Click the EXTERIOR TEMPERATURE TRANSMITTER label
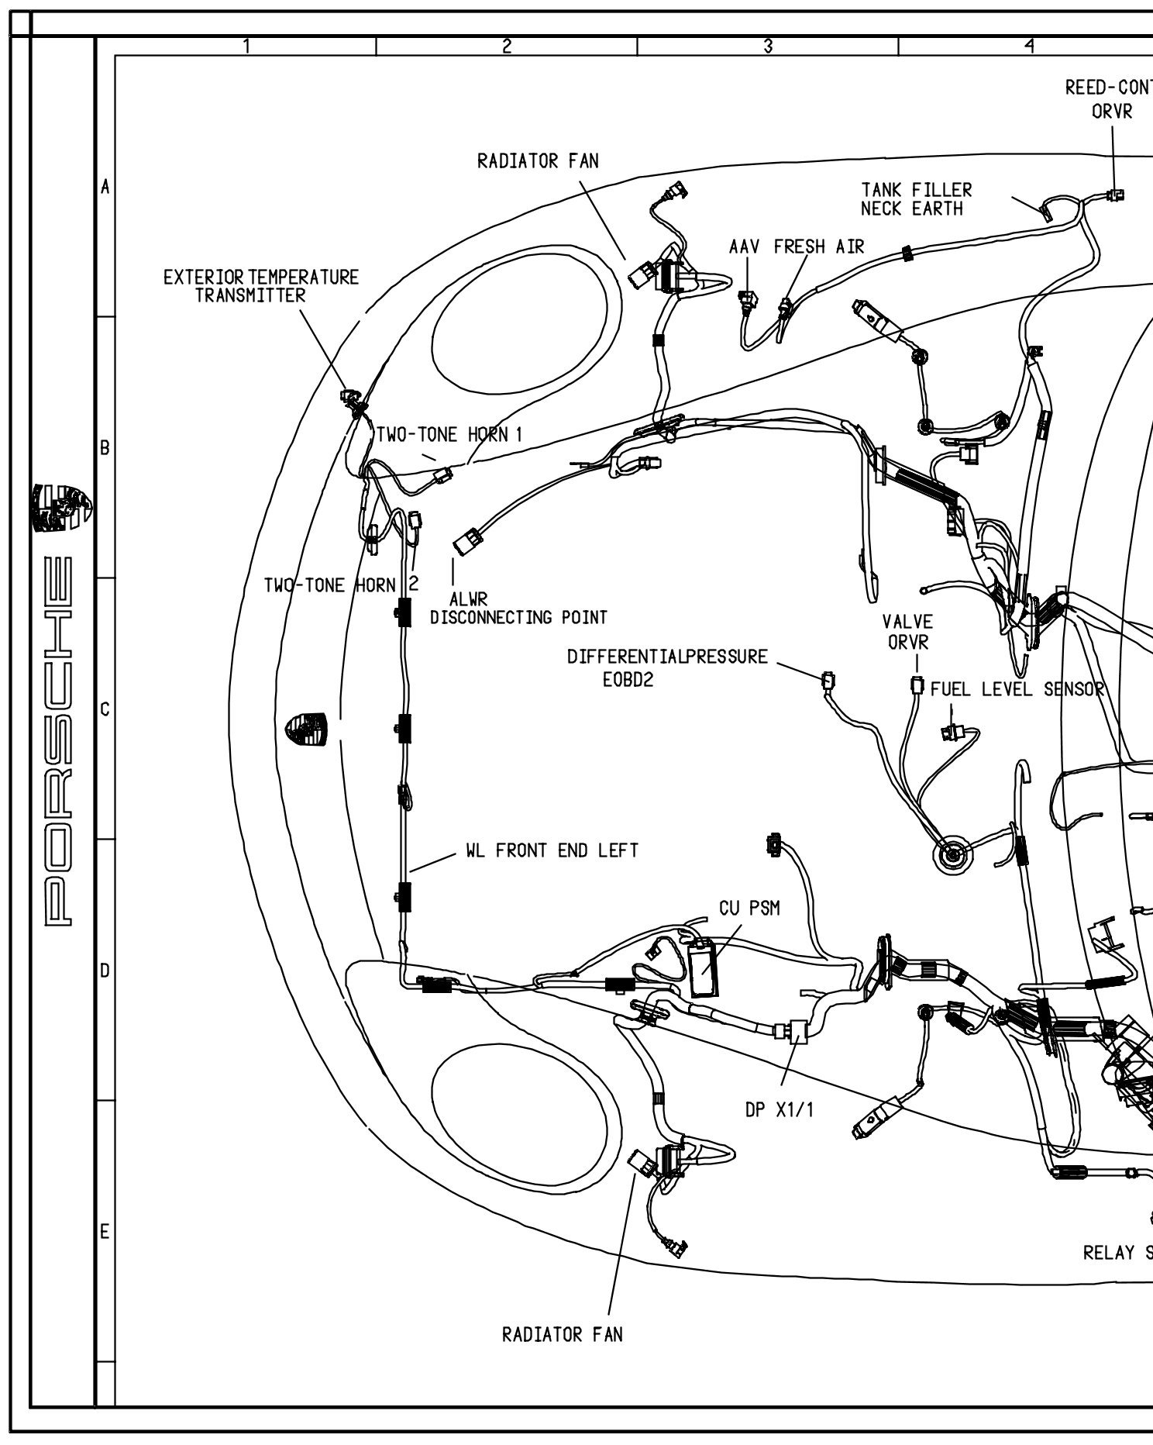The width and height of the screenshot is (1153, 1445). point(261,286)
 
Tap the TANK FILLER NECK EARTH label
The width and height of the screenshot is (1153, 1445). point(916,199)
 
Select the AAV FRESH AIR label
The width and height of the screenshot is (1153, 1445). point(796,247)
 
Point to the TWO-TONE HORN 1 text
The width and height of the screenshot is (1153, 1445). point(449,434)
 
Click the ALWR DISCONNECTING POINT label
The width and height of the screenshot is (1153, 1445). point(518,609)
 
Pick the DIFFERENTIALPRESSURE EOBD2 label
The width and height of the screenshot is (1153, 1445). point(667,667)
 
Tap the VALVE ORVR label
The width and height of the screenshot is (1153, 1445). point(907,632)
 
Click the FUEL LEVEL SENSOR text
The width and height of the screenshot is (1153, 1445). point(1016,689)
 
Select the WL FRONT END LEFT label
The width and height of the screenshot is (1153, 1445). point(552,850)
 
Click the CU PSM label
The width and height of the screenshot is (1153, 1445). point(749,908)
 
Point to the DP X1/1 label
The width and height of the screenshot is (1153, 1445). point(780,1110)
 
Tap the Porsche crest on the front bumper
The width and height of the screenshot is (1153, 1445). point(307,729)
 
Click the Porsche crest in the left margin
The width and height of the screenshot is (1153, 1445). point(62,509)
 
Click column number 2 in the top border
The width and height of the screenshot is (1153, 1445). point(506,47)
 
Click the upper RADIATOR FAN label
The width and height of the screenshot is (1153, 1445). point(538,161)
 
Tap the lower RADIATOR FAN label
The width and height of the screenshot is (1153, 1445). point(562,1334)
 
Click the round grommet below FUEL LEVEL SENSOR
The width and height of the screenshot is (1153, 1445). point(951,855)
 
